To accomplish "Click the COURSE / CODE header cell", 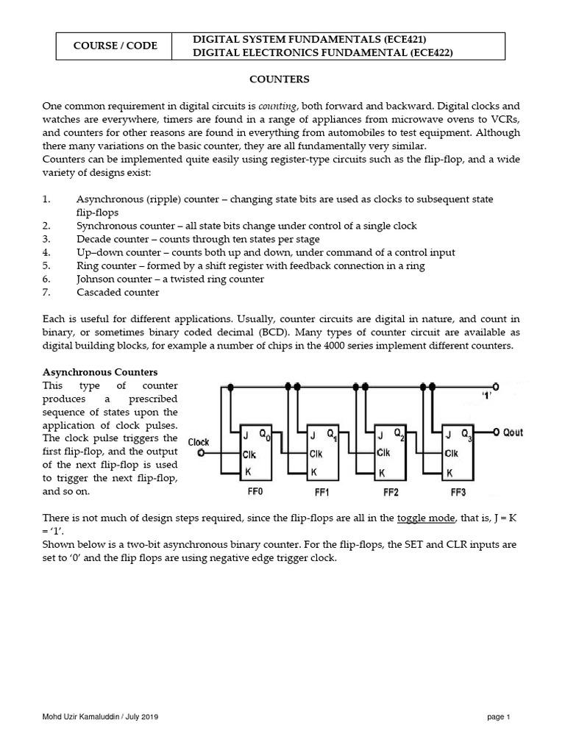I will click(x=114, y=46).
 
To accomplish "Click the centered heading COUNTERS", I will click(x=282, y=79).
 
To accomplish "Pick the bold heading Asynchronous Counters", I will click(x=100, y=373).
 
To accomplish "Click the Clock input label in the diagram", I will click(x=199, y=442).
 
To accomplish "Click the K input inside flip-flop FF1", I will click(x=313, y=471).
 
